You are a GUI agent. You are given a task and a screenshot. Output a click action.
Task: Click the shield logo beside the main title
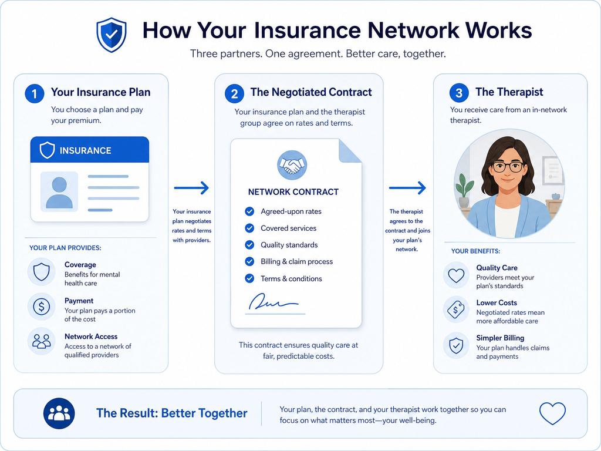[111, 35]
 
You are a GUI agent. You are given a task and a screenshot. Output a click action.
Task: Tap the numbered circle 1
[35, 93]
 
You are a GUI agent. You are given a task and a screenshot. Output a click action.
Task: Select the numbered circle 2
[235, 93]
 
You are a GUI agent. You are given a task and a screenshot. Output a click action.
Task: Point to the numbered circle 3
[459, 93]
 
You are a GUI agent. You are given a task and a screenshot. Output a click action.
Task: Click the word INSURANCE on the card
[86, 151]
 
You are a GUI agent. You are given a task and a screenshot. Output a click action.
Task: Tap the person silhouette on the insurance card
[59, 193]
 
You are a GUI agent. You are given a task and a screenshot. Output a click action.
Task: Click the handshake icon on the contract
[292, 165]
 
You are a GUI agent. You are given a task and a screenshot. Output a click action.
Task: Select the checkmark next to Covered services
[249, 228]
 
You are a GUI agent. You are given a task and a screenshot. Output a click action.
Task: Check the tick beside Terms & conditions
[249, 278]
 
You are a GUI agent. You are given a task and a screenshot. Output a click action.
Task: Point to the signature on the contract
[273, 302]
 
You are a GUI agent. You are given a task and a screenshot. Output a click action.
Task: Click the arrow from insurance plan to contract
[191, 188]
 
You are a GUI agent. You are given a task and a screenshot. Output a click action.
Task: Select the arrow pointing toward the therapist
[407, 188]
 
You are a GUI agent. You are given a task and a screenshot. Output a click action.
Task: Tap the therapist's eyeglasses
[508, 167]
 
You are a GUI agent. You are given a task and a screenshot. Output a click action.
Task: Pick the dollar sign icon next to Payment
[42, 307]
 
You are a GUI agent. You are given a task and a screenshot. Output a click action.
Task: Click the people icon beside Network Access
[42, 341]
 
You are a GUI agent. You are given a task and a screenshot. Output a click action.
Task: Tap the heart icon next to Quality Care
[456, 275]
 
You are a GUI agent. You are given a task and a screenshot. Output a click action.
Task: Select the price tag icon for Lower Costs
[455, 309]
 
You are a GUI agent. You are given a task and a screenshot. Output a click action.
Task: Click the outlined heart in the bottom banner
[552, 413]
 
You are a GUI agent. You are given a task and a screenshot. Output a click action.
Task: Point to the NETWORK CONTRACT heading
[293, 192]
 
